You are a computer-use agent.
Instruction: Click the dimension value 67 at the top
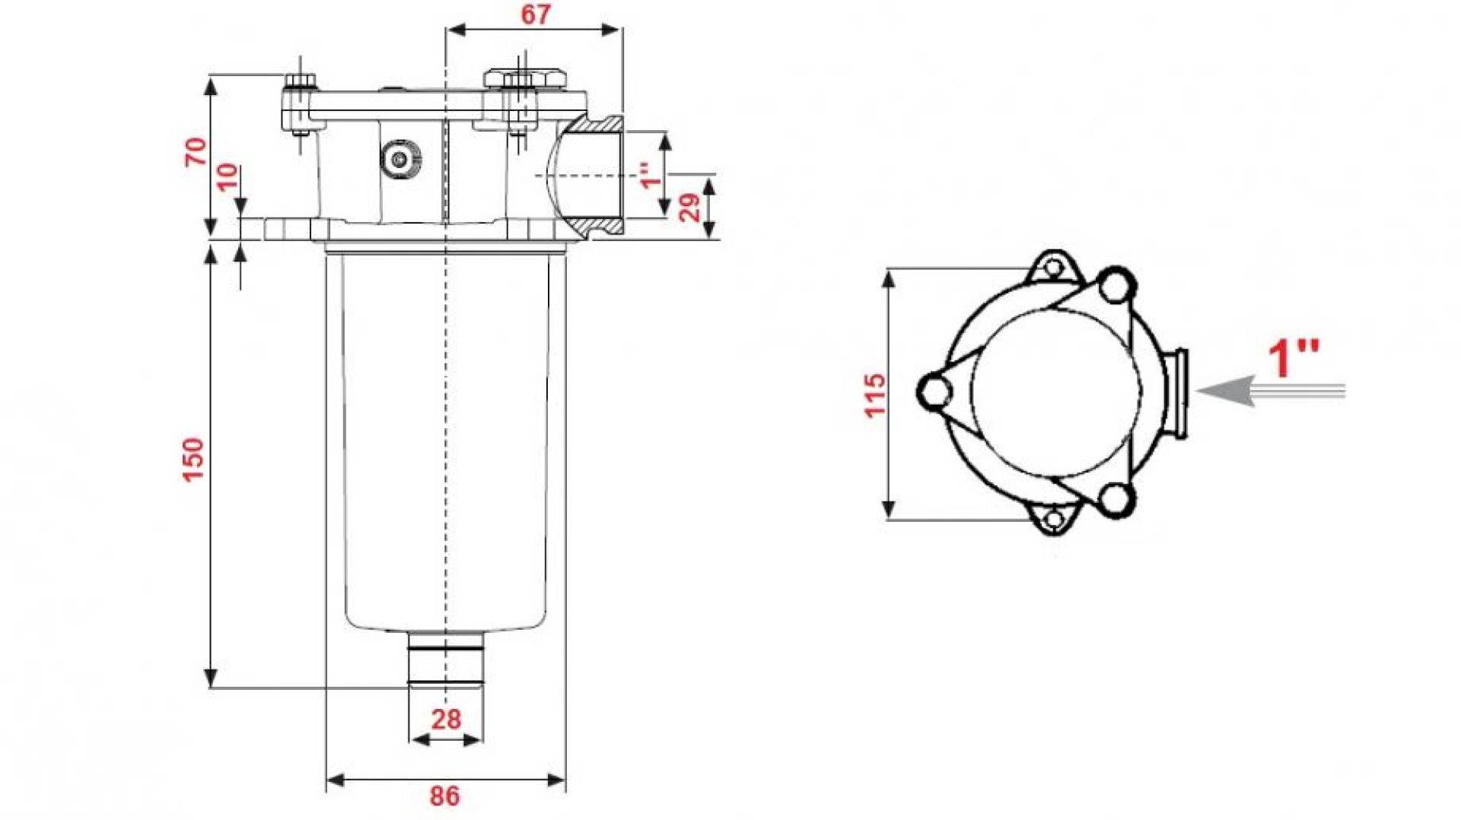point(535,14)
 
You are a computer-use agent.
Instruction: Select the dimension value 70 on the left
point(196,151)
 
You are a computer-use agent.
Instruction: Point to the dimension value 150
point(193,459)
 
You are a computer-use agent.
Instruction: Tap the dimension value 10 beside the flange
point(227,177)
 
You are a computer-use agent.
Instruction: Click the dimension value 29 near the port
point(689,207)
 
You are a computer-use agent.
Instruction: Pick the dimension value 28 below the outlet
point(446,719)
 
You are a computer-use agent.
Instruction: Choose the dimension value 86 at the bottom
point(445,796)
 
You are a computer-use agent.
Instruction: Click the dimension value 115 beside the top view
point(875,395)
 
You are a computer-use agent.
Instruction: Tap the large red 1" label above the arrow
point(1294,358)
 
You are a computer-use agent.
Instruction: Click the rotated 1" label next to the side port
point(648,175)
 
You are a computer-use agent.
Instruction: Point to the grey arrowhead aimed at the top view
point(1225,391)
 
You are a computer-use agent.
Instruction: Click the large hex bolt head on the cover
point(526,78)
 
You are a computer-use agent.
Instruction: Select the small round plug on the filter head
point(399,160)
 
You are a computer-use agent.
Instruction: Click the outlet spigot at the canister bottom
point(446,659)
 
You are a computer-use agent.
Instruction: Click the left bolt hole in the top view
point(934,391)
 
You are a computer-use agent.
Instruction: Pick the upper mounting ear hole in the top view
point(1053,268)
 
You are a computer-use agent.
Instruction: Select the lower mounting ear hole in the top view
point(1053,520)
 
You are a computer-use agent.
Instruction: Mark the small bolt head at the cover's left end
point(301,81)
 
